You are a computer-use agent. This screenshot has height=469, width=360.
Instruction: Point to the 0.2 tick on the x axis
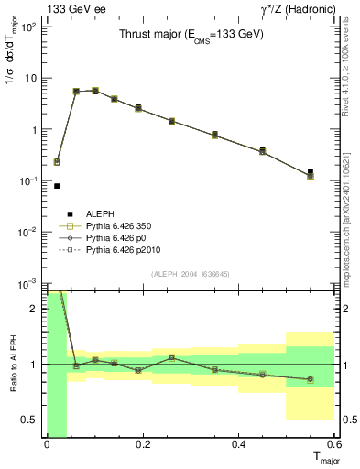(143, 444)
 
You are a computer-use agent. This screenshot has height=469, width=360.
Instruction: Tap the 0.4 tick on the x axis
(239, 444)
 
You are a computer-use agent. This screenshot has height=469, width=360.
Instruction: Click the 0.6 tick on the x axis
(334, 444)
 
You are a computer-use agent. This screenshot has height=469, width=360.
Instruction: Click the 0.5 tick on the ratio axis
(31, 420)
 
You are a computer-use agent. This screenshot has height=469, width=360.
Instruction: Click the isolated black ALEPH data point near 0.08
(57, 186)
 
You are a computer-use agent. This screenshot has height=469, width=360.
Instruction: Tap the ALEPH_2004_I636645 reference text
(191, 273)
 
